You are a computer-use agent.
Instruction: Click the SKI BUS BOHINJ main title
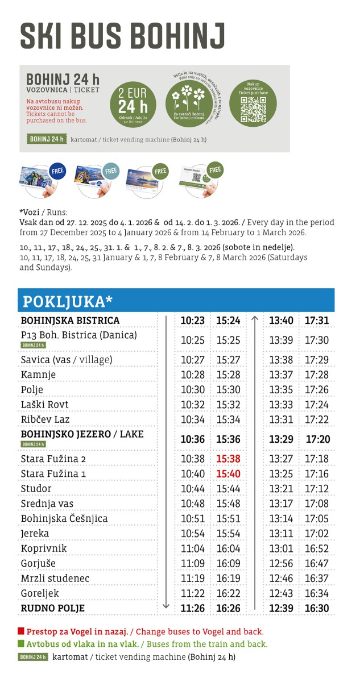tap(122, 36)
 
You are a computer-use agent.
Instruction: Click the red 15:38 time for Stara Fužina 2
tap(228, 459)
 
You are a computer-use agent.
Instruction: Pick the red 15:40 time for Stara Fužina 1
tap(228, 473)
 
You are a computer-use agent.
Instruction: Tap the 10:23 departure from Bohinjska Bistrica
tap(192, 321)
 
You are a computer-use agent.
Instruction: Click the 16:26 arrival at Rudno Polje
tap(228, 608)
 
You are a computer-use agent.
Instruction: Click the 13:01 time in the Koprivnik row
tap(281, 548)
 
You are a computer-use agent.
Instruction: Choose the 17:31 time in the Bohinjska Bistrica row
tap(317, 321)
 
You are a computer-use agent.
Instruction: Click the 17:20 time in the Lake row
tap(317, 439)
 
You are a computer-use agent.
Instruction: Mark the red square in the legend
tap(22, 631)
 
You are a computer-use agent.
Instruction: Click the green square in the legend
tap(22, 644)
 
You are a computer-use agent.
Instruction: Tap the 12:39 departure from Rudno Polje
tap(281, 608)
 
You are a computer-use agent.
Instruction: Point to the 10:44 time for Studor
tap(192, 489)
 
